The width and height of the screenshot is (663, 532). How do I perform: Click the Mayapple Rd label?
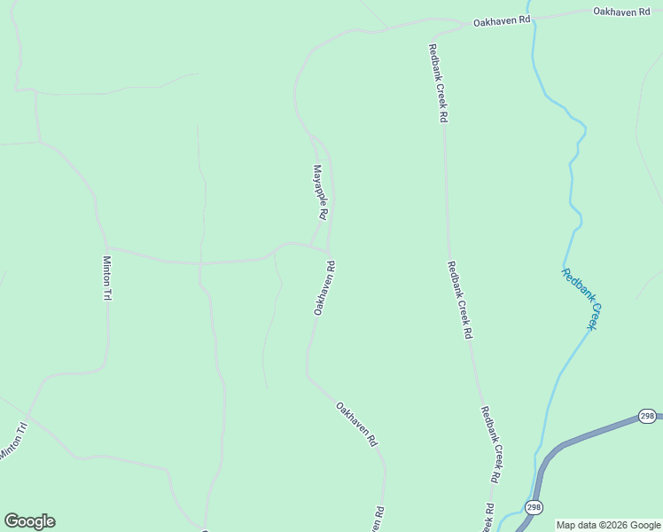(x=320, y=192)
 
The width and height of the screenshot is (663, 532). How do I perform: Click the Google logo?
(x=29, y=521)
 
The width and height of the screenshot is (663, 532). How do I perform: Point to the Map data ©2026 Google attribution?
(x=608, y=525)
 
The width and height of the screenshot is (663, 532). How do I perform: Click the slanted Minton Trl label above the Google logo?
(x=13, y=441)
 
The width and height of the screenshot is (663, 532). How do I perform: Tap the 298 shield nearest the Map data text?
(x=534, y=507)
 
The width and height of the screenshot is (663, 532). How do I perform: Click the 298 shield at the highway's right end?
(x=647, y=416)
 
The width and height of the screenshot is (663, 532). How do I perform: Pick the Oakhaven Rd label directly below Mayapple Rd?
(x=324, y=287)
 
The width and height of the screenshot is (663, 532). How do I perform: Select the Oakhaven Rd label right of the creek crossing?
(x=621, y=12)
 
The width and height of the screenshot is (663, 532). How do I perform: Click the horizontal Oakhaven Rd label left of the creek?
(x=501, y=20)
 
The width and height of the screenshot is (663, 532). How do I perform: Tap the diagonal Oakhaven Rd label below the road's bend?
(x=357, y=424)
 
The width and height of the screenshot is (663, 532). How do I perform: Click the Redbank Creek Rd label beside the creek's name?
(x=459, y=301)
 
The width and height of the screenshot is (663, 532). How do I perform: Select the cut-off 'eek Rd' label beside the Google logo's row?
(x=489, y=517)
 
